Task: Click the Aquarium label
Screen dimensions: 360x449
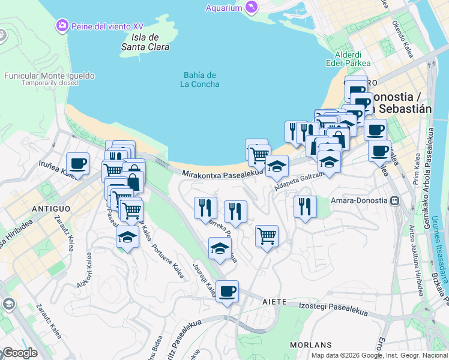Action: (223, 8)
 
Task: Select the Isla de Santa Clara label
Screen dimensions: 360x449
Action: (145, 41)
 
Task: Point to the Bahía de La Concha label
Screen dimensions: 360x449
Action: (200, 79)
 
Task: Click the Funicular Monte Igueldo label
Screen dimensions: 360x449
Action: (49, 76)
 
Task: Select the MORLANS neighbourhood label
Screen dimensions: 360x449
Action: (310, 345)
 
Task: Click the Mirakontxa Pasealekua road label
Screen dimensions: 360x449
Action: (223, 173)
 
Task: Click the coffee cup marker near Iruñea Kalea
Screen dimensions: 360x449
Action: (78, 163)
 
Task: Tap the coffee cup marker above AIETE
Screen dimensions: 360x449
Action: (227, 292)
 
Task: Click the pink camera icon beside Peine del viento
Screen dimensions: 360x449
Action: (62, 26)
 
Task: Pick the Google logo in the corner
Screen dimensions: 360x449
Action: (19, 353)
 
